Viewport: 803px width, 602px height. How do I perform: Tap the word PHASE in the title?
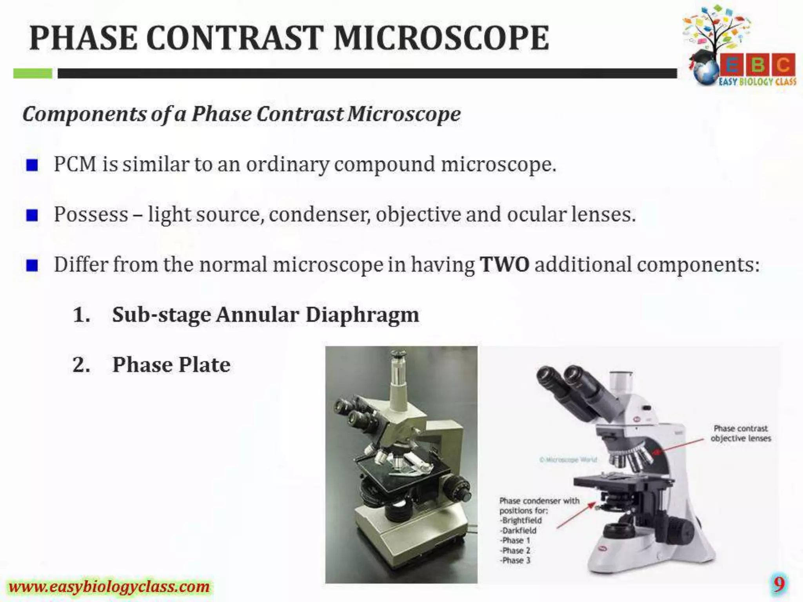click(84, 38)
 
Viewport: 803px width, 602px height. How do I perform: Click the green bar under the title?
click(33, 73)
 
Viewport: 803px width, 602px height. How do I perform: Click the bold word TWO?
click(504, 264)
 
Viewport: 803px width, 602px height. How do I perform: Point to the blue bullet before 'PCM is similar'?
click(32, 165)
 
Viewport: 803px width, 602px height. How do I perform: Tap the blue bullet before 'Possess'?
click(32, 215)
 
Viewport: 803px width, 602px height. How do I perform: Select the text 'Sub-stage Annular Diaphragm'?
click(265, 315)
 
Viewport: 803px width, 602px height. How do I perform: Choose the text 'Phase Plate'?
click(171, 365)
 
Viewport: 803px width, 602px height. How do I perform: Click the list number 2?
click(81, 365)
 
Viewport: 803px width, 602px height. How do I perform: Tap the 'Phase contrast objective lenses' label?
click(741, 433)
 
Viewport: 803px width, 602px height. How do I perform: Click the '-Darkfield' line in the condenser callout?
click(518, 530)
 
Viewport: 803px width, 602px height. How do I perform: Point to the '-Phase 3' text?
click(515, 560)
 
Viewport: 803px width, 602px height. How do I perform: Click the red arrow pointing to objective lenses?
click(678, 446)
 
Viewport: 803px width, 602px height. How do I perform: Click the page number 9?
click(779, 584)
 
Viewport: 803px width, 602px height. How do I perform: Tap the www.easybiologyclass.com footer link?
click(109, 587)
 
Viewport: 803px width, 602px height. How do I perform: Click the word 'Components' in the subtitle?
click(84, 114)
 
